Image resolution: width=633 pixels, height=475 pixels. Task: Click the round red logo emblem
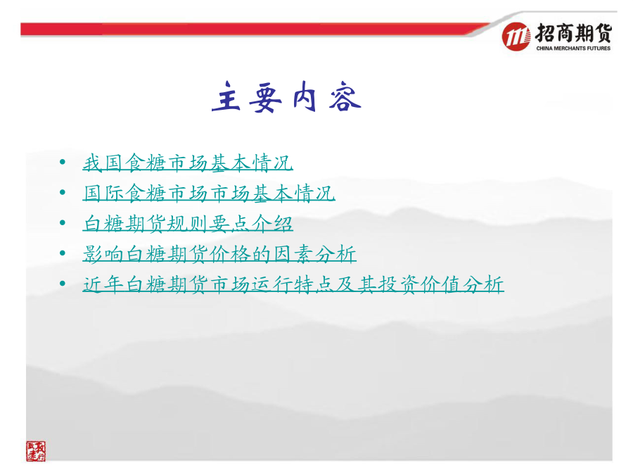[x=516, y=37]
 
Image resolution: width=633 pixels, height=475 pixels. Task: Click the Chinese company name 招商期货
[x=574, y=33]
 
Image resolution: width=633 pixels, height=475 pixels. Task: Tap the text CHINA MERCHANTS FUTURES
[x=573, y=48]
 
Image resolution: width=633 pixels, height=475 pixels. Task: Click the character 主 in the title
[x=226, y=96]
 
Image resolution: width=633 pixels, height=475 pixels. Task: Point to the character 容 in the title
[x=345, y=96]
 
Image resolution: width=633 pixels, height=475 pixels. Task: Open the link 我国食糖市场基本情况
[x=188, y=163]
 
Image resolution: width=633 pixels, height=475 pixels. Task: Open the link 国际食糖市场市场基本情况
[x=209, y=193]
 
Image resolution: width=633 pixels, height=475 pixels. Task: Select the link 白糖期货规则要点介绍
[x=188, y=223]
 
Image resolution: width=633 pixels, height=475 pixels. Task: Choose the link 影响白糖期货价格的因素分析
[x=219, y=254]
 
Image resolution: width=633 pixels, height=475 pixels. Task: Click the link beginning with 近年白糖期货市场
[x=293, y=284]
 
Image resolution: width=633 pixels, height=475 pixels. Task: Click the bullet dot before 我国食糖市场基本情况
[x=63, y=163]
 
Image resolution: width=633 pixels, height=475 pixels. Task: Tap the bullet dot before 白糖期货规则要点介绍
[x=63, y=223]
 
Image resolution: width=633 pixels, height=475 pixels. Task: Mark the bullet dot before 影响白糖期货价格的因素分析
[x=63, y=253]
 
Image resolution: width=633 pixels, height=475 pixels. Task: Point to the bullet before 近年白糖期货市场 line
[x=63, y=284]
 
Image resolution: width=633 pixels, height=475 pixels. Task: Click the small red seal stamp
[x=36, y=451]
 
